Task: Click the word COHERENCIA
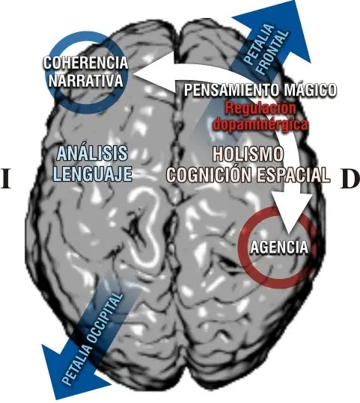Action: [x=85, y=63]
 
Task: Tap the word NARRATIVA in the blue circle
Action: [x=85, y=81]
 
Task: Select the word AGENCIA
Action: [x=279, y=247]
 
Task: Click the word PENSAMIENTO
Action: [x=231, y=90]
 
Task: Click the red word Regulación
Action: [x=260, y=108]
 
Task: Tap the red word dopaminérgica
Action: [x=261, y=124]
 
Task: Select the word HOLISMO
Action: [x=248, y=154]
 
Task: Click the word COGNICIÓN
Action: [x=210, y=175]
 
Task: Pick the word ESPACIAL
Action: [x=293, y=175]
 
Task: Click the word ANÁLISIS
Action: [x=92, y=153]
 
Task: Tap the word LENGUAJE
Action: [x=92, y=173]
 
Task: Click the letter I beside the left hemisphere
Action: [x=6, y=179]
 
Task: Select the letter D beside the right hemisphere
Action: [x=350, y=179]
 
